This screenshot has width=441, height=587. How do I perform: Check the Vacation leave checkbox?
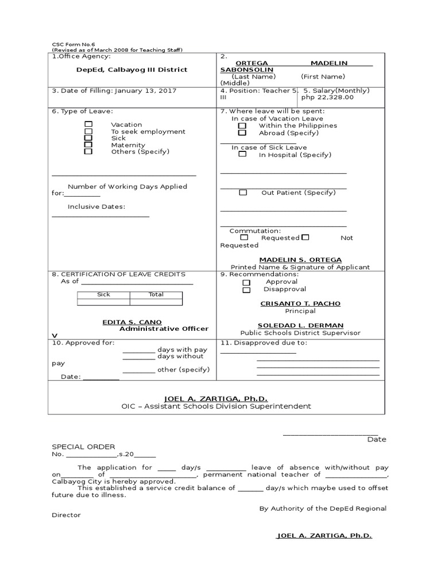click(88, 124)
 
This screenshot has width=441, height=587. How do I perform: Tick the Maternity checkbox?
click(88, 145)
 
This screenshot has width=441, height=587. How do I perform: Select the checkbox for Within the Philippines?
click(242, 126)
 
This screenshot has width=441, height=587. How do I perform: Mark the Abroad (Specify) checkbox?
click(242, 132)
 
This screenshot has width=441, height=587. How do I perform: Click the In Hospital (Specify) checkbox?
click(242, 154)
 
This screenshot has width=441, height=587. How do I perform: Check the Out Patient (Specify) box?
click(243, 193)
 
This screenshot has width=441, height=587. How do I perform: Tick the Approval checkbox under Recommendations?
click(246, 283)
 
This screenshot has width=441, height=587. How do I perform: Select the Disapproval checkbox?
click(246, 290)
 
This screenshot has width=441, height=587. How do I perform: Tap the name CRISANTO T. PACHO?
click(300, 304)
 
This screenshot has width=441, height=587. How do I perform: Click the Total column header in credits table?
click(156, 295)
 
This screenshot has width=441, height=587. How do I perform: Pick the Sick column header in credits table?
click(103, 295)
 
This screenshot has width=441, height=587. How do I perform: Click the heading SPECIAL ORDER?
click(84, 447)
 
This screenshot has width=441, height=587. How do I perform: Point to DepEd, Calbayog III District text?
click(132, 69)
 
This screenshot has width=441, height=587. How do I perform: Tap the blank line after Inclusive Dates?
click(100, 216)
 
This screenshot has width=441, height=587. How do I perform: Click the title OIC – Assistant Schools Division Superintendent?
click(216, 406)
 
